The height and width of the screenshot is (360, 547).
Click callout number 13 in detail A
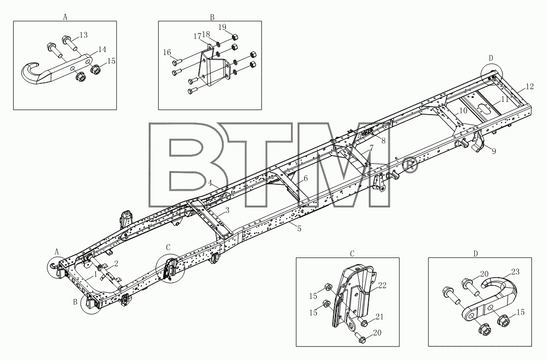coord(83,35)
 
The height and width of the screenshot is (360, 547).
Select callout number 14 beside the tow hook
coord(102,49)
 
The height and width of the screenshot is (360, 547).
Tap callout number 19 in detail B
coord(223,27)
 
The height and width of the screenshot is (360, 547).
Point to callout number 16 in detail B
coord(167,53)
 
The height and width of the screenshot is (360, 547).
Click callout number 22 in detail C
coord(382,285)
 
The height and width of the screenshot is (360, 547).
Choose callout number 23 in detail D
coord(516,272)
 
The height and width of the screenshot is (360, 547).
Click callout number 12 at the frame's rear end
coord(529,86)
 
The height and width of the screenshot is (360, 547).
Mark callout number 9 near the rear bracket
coord(493,151)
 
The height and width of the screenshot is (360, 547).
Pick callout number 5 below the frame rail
coord(300,229)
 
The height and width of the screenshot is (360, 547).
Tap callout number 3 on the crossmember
coord(227,211)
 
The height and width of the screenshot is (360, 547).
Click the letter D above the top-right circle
coord(491,58)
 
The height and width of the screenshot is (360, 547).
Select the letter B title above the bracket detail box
coord(212,17)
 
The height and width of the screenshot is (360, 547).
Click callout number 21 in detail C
coord(379,317)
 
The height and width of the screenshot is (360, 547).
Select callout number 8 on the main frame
coord(383,140)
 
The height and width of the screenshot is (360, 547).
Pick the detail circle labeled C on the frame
coord(170,269)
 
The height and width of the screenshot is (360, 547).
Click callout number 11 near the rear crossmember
coord(505,99)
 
